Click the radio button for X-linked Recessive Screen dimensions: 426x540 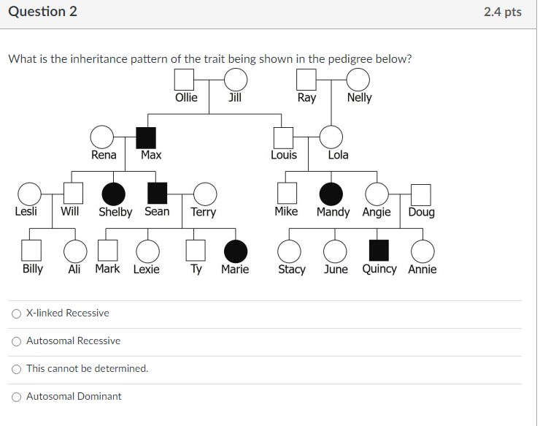pyautogui.click(x=16, y=313)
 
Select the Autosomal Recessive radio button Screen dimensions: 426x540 pyautogui.click(x=16, y=341)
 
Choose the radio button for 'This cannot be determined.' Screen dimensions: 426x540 pyautogui.click(x=16, y=369)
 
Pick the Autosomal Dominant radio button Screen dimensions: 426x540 pyautogui.click(x=16, y=397)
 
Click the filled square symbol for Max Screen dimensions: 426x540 pyautogui.click(x=147, y=137)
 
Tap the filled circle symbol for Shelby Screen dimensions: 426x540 pyautogui.click(x=113, y=194)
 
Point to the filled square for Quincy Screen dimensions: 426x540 pyautogui.click(x=378, y=251)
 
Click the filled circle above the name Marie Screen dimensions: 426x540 pyautogui.click(x=235, y=251)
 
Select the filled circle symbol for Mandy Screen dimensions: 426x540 pyautogui.click(x=331, y=194)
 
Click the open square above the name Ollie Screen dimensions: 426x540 pyautogui.click(x=185, y=79)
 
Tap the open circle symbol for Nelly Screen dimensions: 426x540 pyautogui.click(x=358, y=79)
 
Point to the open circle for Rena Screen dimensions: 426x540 pyautogui.click(x=101, y=137)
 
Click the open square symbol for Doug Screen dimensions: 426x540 pyautogui.click(x=421, y=194)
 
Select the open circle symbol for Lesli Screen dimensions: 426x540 pyautogui.click(x=29, y=194)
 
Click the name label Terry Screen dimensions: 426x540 pyautogui.click(x=203, y=213)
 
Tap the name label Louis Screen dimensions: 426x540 pyautogui.click(x=284, y=155)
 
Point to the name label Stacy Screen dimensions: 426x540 pyautogui.click(x=292, y=270)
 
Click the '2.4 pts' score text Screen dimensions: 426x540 pyautogui.click(x=502, y=12)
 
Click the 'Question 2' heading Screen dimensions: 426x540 pyautogui.click(x=42, y=12)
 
